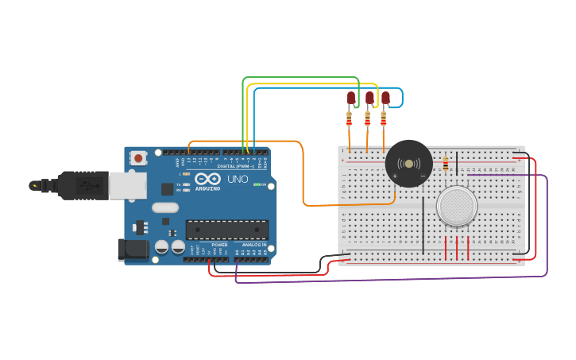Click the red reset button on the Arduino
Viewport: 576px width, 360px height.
pos(139,158)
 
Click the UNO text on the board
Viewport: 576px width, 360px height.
pos(238,180)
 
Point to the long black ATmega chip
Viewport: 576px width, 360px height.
pos(226,229)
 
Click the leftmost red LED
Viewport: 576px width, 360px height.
pos(351,99)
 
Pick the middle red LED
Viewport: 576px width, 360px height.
pos(369,99)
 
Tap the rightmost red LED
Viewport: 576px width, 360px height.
pos(386,99)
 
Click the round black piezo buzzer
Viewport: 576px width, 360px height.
pos(409,163)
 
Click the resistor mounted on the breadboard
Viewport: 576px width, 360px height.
pos(445,164)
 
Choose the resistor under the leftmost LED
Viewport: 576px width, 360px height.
pos(349,119)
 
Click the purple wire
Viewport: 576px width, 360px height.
pos(397,280)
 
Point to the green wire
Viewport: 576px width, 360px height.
pos(302,78)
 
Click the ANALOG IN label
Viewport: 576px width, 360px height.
pos(254,245)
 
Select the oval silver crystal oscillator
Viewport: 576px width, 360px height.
pos(165,207)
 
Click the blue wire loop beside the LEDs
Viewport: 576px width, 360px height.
pos(402,97)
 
